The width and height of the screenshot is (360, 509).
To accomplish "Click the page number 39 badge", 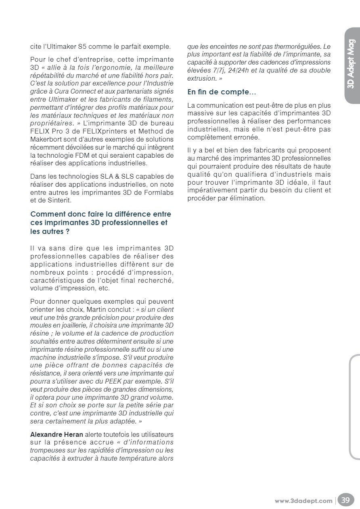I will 346,500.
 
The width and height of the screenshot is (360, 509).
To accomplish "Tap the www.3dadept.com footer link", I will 304,501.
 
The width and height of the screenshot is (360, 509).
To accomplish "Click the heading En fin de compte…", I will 221,92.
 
